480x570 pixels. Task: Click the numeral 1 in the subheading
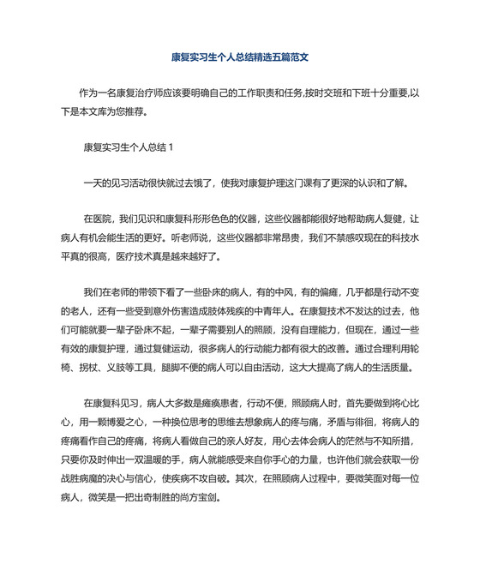(171, 147)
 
